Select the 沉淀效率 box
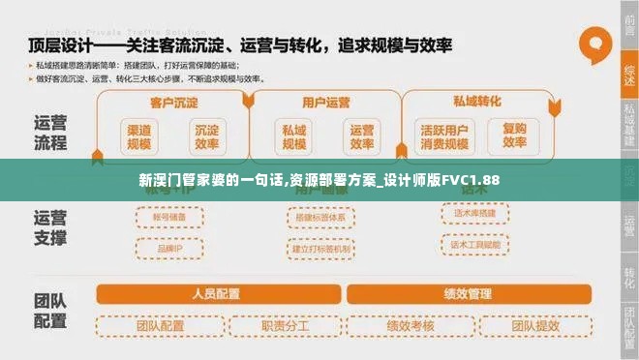(205, 136)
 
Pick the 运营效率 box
(361, 136)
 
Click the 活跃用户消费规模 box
(444, 136)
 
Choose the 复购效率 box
(514, 136)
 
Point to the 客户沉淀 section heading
(173, 102)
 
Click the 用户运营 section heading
(325, 102)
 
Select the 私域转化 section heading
(477, 101)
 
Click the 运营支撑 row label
(49, 226)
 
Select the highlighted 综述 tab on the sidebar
(629, 73)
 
